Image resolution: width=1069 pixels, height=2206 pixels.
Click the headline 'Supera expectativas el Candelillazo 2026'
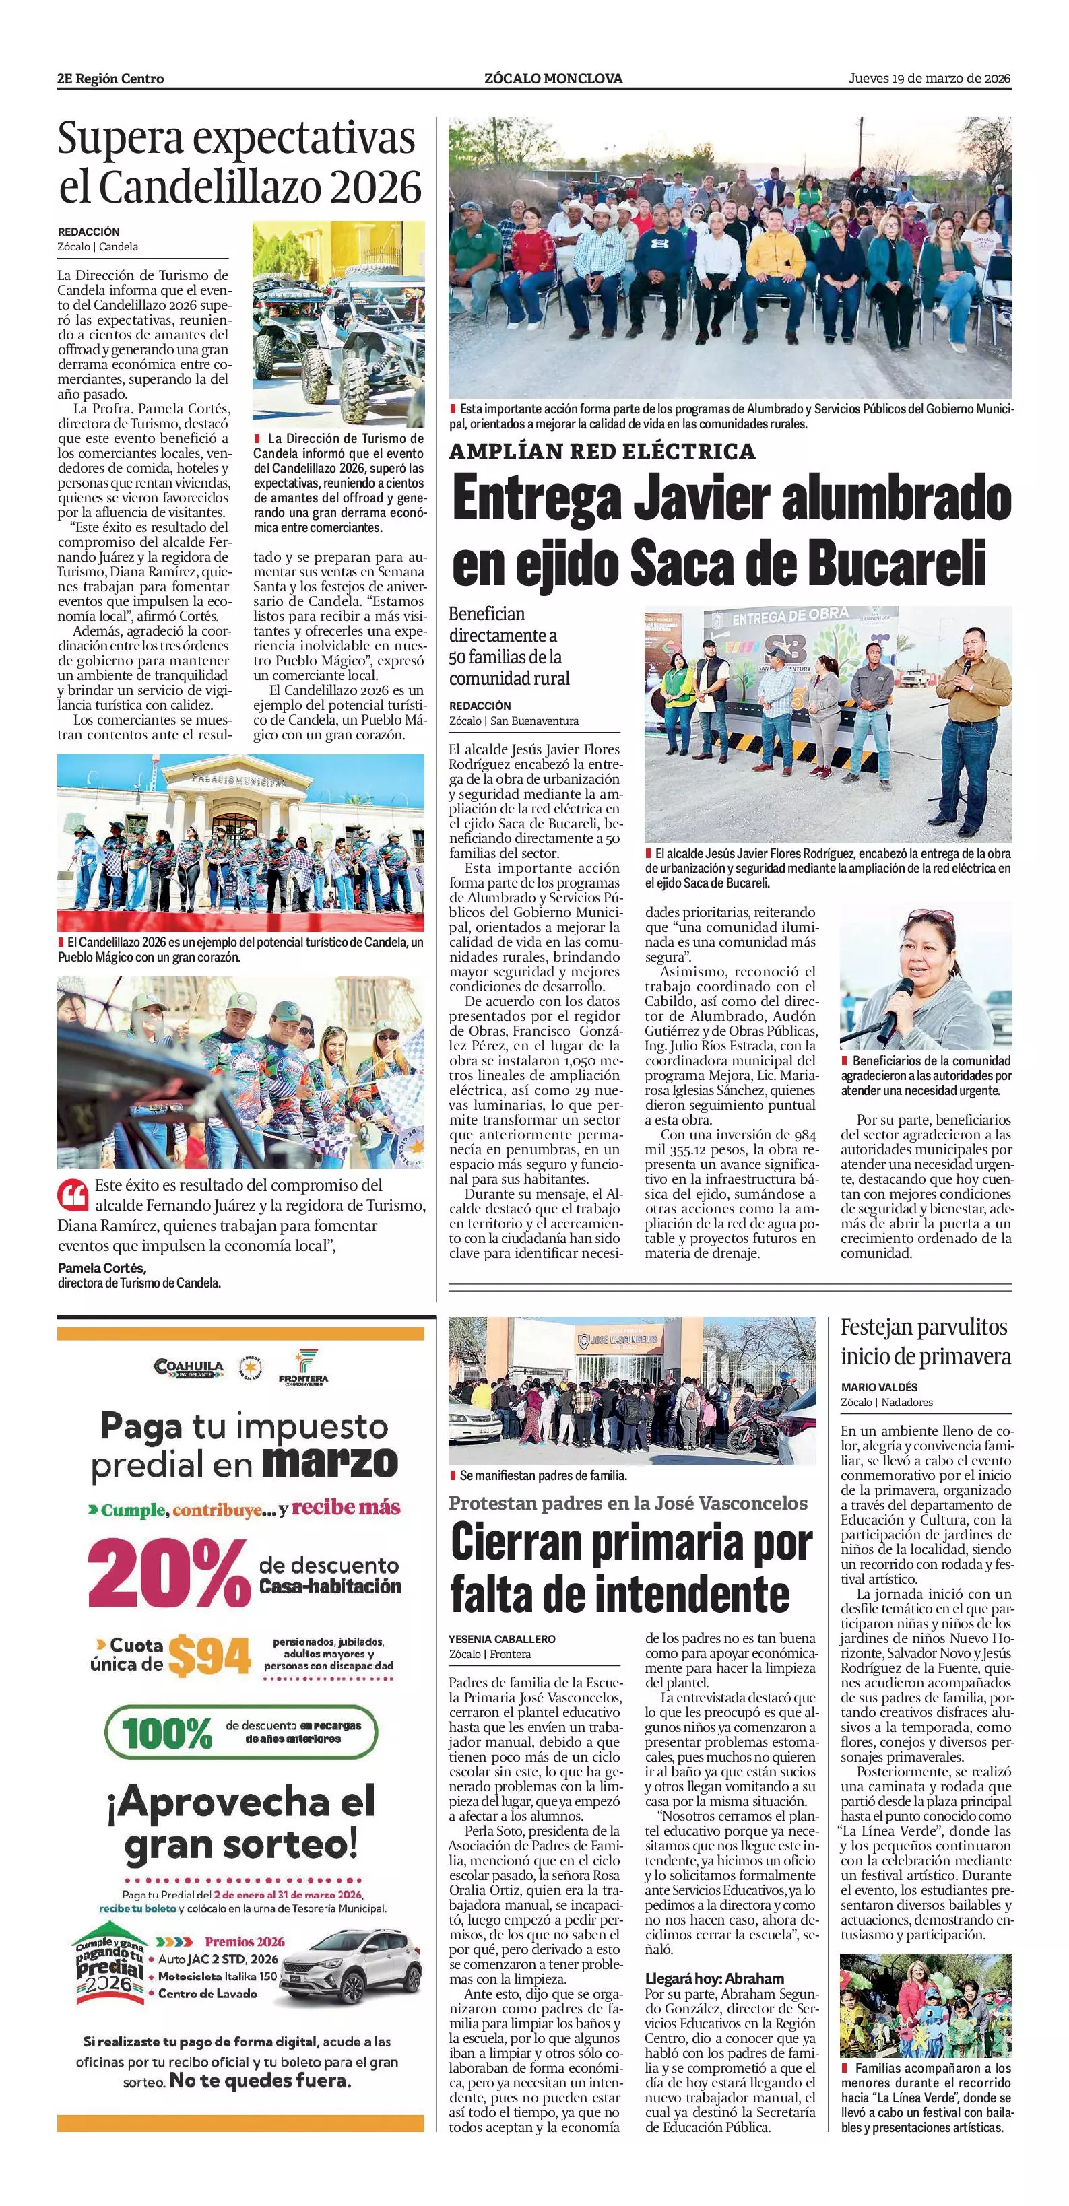point(239,163)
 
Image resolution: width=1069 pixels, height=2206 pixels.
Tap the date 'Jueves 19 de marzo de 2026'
point(930,79)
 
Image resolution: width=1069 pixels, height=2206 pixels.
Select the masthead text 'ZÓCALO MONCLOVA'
point(553,79)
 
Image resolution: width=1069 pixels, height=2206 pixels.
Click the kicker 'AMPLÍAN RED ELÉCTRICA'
point(602,451)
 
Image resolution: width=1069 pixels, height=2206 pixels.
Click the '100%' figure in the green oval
point(167,1734)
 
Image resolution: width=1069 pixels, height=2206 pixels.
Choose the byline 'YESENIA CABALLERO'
point(502,1638)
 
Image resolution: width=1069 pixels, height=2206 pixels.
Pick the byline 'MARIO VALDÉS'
point(879,1386)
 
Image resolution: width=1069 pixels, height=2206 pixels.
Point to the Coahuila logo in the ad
point(189,1367)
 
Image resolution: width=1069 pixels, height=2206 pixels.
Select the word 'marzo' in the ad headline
point(330,1462)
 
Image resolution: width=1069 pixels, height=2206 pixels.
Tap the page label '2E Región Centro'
point(110,79)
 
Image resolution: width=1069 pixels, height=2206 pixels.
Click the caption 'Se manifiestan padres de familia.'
point(543,1475)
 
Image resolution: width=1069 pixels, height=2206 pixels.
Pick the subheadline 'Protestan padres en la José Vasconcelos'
point(628,1503)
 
